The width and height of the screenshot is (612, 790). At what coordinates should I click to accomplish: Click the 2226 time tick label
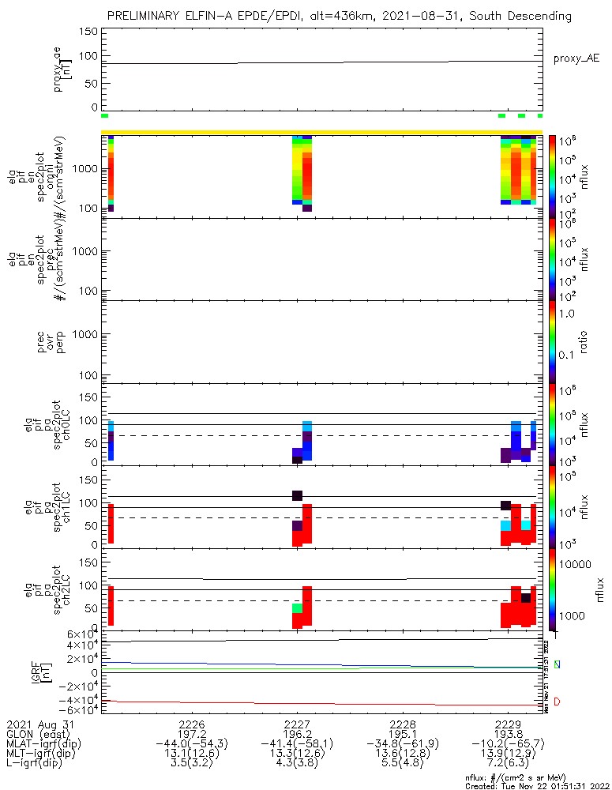coord(193,724)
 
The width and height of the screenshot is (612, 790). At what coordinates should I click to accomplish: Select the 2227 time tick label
coord(298,724)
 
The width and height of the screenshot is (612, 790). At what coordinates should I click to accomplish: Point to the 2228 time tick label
coord(403,724)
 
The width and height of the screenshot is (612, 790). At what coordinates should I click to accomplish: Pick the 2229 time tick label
coord(508,724)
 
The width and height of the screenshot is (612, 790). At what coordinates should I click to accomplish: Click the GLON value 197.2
coord(193,733)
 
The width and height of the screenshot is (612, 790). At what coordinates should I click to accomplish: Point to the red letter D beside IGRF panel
coord(557,702)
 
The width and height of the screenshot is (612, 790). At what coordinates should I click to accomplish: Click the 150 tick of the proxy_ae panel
coord(89,32)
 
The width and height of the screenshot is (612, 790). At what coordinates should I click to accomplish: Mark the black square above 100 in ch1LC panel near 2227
coord(298,495)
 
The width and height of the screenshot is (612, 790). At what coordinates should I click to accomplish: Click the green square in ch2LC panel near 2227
coord(298,608)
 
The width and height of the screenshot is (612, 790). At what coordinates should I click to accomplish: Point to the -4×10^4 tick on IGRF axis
coord(80,699)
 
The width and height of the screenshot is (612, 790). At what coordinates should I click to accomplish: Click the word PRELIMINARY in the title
coord(146,16)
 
